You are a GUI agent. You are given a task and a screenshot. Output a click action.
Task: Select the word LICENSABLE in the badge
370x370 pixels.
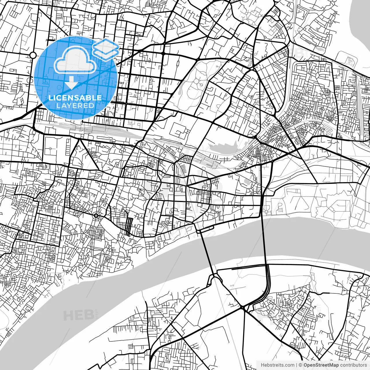pyautogui.click(x=75, y=98)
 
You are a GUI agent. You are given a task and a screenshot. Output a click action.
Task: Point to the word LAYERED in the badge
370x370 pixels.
pyautogui.click(x=75, y=106)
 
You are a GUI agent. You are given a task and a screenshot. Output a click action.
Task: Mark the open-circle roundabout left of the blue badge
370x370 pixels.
pyautogui.click(x=33, y=55)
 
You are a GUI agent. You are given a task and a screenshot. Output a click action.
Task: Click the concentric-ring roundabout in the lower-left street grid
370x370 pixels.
pyautogui.click(x=96, y=215)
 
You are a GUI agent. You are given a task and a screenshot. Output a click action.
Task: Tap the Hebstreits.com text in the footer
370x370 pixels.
pyautogui.click(x=277, y=365)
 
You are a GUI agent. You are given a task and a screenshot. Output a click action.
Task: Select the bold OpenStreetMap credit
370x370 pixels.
pyautogui.click(x=321, y=365)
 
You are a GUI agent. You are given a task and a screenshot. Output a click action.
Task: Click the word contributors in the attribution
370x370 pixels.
pyautogui.click(x=353, y=365)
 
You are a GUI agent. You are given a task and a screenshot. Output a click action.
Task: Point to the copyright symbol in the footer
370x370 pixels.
pyautogui.click(x=301, y=365)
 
